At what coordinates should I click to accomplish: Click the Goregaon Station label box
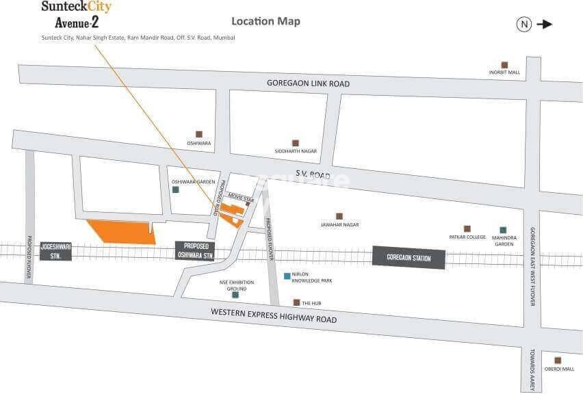[409, 257]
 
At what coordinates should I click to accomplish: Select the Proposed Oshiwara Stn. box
[195, 250]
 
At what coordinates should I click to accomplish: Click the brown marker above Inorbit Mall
[504, 64]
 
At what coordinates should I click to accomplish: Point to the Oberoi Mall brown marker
[558, 360]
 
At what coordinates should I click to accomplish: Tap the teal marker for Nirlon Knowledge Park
[287, 276]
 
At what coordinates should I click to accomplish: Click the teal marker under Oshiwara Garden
[176, 189]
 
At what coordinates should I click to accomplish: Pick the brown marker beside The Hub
[296, 302]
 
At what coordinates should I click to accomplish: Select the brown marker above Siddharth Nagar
[296, 143]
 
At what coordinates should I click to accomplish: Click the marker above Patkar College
[467, 228]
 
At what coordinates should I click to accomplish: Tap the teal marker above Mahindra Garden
[503, 229]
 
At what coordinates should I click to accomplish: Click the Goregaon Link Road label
[308, 83]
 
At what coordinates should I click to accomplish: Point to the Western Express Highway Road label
[274, 315]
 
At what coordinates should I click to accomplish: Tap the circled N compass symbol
[524, 24]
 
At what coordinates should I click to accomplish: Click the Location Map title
[265, 21]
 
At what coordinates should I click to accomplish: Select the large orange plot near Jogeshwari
[121, 232]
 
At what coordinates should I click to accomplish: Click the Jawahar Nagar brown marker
[339, 215]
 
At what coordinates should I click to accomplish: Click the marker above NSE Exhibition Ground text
[235, 295]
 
